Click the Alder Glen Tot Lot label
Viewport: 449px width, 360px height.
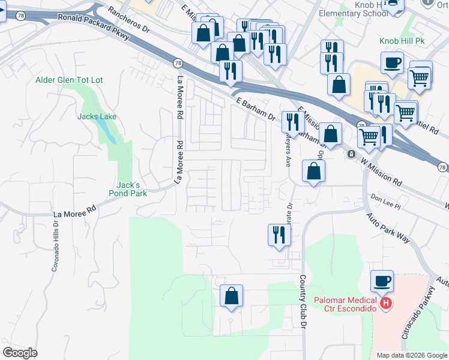point(70,80)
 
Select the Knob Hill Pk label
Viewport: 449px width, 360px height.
point(402,41)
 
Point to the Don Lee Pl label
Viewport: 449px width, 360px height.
point(385,200)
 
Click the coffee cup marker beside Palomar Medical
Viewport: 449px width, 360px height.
point(382,280)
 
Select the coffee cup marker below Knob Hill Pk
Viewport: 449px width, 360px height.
point(392,62)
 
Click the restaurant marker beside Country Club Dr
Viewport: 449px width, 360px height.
point(279,234)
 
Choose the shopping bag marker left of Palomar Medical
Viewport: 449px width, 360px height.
point(231,295)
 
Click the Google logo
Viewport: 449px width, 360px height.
point(20,353)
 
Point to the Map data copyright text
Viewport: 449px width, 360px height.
point(411,355)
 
